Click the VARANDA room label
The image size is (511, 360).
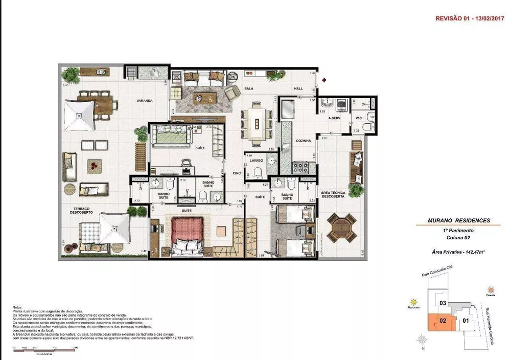pyautogui.click(x=145, y=101)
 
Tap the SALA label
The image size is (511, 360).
pyautogui.click(x=249, y=88)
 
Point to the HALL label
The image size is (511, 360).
pyautogui.click(x=298, y=88)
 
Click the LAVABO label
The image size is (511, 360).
pyautogui.click(x=256, y=161)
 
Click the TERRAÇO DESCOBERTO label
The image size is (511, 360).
pyautogui.click(x=82, y=211)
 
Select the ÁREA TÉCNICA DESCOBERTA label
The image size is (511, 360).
pyautogui.click(x=333, y=196)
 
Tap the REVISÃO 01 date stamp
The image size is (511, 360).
pyautogui.click(x=469, y=18)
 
